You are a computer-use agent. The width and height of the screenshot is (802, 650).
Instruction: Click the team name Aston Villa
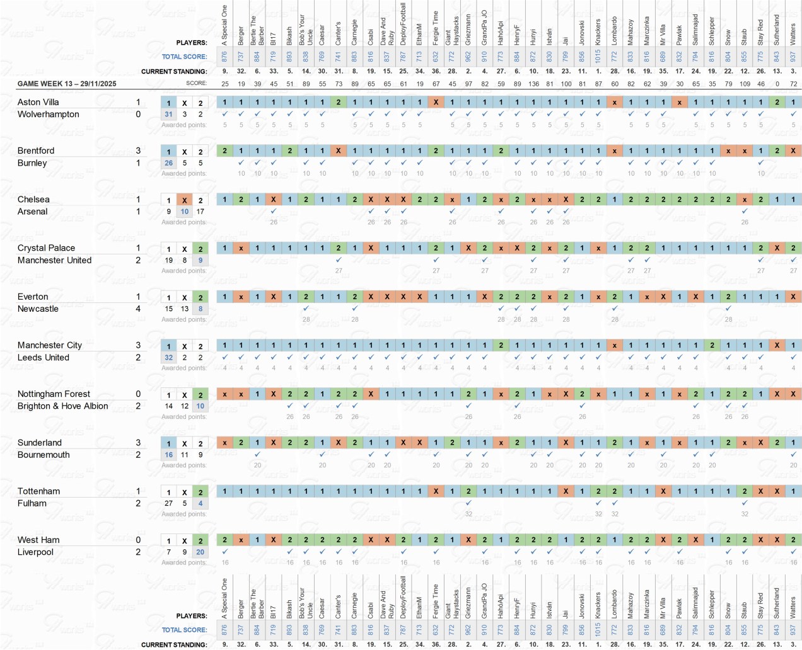pos(38,102)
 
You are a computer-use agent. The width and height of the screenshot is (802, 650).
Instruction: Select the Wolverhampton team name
pos(48,114)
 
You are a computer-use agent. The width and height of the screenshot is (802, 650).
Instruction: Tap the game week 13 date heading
pos(67,83)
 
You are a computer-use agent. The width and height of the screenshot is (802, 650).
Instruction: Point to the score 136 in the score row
pos(533,83)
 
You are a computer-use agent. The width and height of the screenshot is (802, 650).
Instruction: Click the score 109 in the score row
pos(745,83)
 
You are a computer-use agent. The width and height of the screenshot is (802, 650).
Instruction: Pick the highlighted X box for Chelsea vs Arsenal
pos(184,200)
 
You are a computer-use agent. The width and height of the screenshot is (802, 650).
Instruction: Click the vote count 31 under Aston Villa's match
pos(168,114)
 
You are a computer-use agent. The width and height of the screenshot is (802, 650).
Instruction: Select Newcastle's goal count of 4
pos(138,309)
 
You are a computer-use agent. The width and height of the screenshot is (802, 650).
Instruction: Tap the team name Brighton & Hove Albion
pos(62,406)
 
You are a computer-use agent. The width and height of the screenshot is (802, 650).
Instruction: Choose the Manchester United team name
pos(54,260)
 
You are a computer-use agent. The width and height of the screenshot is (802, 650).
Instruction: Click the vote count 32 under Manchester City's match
pos(168,357)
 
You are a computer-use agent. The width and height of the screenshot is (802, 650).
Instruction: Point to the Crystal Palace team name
pos(46,248)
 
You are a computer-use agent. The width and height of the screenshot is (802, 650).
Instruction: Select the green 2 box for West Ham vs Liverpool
pos(200,540)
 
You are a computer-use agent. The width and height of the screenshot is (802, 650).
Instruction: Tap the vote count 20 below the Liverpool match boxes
pos(200,552)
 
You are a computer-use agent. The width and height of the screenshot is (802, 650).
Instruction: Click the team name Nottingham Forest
pos(54,394)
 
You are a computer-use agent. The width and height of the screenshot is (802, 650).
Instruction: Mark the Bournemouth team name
pos(44,454)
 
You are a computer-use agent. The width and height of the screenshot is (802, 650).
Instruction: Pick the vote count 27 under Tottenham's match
pos(168,503)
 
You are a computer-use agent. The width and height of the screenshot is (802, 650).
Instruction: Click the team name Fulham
pos(32,503)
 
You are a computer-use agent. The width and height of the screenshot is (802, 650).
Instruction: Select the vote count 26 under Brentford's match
pos(168,162)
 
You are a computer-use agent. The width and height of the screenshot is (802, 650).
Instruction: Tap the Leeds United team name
pos(43,357)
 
